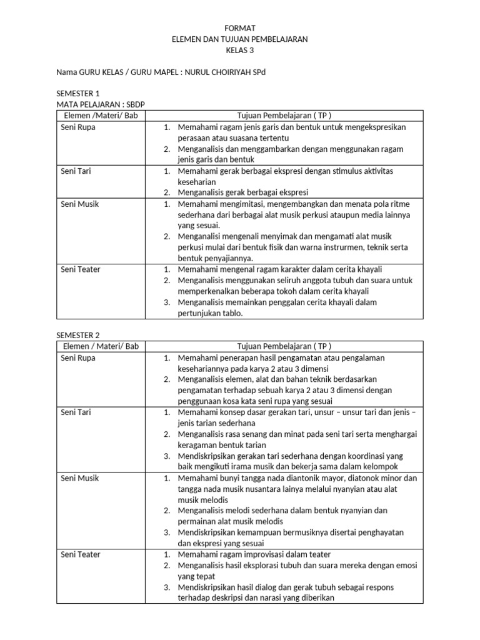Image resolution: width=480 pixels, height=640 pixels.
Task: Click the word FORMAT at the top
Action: coord(239,28)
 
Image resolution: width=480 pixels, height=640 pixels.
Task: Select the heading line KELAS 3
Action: coord(239,50)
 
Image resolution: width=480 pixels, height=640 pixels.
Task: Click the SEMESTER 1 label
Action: coord(78,94)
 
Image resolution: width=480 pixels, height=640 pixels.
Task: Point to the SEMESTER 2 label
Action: coord(78,335)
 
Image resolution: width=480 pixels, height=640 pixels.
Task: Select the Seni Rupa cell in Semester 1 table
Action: coord(78,127)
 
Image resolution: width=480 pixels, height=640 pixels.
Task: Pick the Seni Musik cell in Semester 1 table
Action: coord(79,204)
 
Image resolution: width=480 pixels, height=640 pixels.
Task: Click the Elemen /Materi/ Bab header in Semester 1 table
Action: coord(97,116)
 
